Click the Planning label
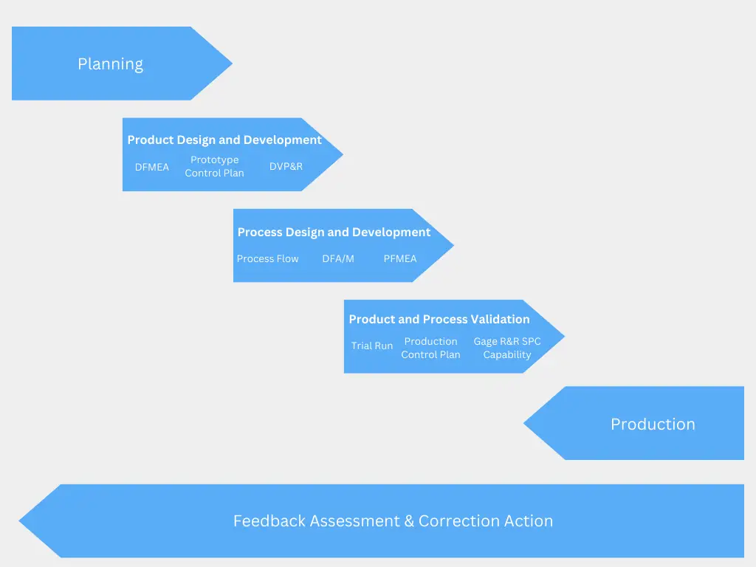click(110, 64)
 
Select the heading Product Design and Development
click(224, 140)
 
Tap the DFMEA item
click(152, 167)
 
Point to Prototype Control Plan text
click(214, 166)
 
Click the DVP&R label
click(286, 167)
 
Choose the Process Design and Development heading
click(334, 232)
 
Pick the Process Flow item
click(267, 258)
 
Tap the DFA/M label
click(338, 258)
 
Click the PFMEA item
click(400, 258)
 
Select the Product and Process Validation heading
click(439, 319)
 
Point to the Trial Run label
click(372, 346)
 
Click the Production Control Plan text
click(430, 348)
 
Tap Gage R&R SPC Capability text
click(507, 348)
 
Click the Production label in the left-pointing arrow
click(653, 424)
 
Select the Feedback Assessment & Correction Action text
click(393, 520)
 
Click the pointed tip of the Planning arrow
click(231, 63)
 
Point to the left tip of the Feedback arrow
click(21, 521)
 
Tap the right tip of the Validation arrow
click(563, 337)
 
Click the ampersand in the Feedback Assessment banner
click(409, 520)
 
